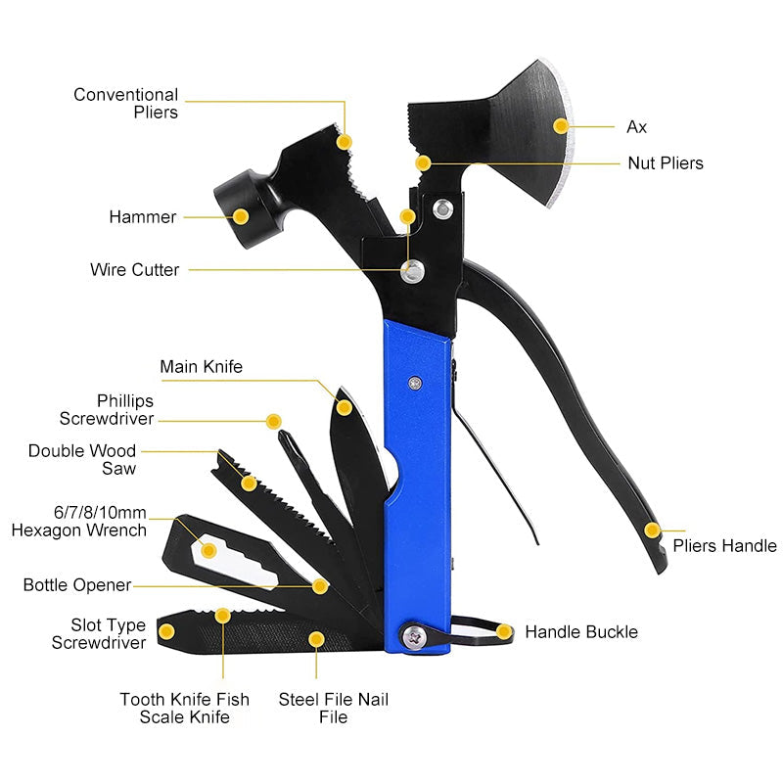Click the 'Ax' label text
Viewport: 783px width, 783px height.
pos(636,126)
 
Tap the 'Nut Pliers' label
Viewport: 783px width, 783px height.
pos(665,162)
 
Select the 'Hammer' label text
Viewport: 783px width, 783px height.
pos(143,217)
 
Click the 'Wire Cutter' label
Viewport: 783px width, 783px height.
pos(135,269)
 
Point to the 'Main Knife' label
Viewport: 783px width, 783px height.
pos(201,367)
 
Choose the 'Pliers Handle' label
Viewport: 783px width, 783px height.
pos(724,545)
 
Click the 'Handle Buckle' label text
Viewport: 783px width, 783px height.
pos(580,632)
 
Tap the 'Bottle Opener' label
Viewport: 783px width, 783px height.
pos(77,585)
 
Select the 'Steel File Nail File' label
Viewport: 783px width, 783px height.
pos(334,708)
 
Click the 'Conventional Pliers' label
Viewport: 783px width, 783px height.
pos(126,103)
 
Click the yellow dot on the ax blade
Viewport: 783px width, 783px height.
pos(561,125)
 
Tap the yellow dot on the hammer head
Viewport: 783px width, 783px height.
pos(241,216)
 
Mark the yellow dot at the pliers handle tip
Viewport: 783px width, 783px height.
pos(652,530)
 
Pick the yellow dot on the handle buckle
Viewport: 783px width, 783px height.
pos(504,632)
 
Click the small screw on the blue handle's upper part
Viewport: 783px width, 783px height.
pos(418,384)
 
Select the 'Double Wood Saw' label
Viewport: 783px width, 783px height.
pos(82,460)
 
